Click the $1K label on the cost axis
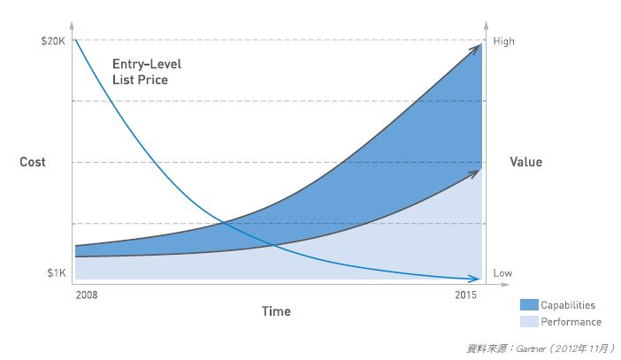point(57,273)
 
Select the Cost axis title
point(33,162)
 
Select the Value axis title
point(526,162)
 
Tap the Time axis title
point(276,311)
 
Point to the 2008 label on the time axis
point(87,294)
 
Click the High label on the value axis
point(503,41)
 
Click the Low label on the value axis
point(502,273)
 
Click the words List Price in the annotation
point(140,80)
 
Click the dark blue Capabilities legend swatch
point(530,305)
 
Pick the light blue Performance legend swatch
point(530,322)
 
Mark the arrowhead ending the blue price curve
point(476,279)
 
